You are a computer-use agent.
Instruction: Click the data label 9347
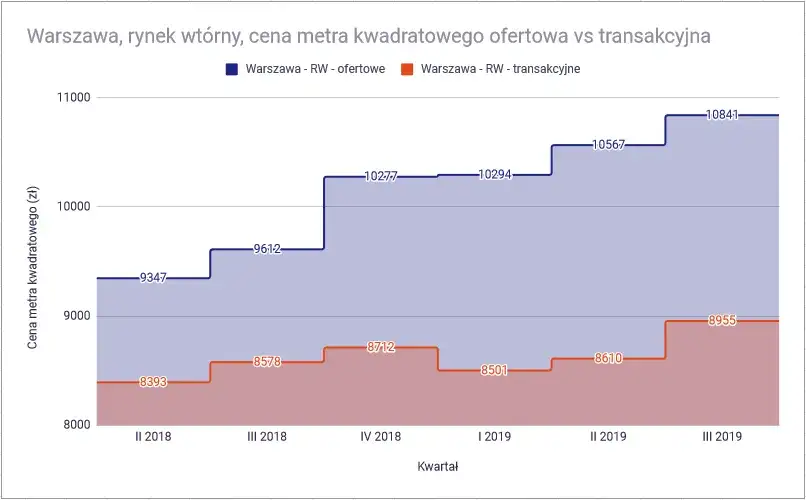[x=153, y=278]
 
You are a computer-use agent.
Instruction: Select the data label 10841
[x=722, y=115]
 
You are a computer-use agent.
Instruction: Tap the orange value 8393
[x=153, y=382]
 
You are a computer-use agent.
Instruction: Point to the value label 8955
[x=722, y=321]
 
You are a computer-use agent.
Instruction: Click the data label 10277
[x=381, y=177]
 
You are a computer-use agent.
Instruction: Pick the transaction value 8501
[x=494, y=370]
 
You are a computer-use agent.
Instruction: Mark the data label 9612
[x=267, y=249]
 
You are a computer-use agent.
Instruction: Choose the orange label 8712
[x=381, y=347]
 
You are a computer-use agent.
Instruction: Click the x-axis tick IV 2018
[x=381, y=437]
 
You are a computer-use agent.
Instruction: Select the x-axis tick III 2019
[x=722, y=437]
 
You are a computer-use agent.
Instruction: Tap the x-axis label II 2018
[x=153, y=437]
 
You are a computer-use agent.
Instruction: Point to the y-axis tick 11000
[x=70, y=98]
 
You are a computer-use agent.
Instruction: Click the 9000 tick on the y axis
[x=74, y=316]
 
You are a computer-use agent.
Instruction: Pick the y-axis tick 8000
[x=74, y=425]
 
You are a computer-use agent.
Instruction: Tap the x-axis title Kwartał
[x=437, y=466]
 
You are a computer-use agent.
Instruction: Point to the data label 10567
[x=608, y=145]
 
